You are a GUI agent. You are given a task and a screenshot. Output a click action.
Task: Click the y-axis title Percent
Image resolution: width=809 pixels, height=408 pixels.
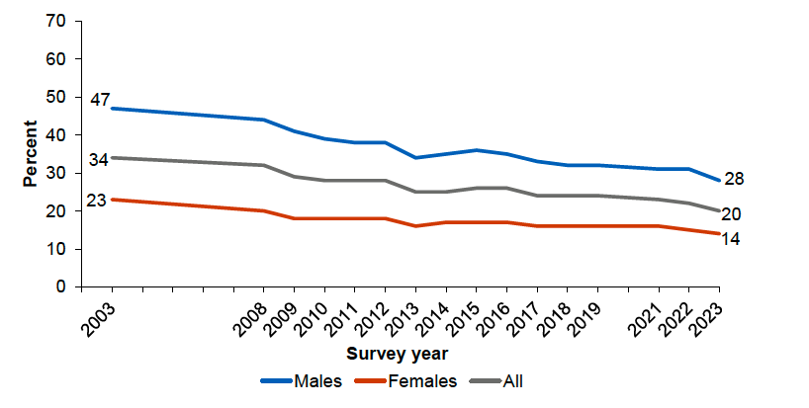[x=31, y=154]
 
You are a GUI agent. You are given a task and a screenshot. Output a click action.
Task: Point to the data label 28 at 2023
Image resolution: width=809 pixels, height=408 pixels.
[x=733, y=179]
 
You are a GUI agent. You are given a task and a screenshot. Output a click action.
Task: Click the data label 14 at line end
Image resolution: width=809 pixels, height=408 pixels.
[x=733, y=238]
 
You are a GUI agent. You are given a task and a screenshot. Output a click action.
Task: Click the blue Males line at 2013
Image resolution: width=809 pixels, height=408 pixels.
[x=416, y=157]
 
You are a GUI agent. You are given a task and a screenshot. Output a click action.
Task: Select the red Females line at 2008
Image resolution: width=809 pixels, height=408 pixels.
[x=264, y=210]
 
